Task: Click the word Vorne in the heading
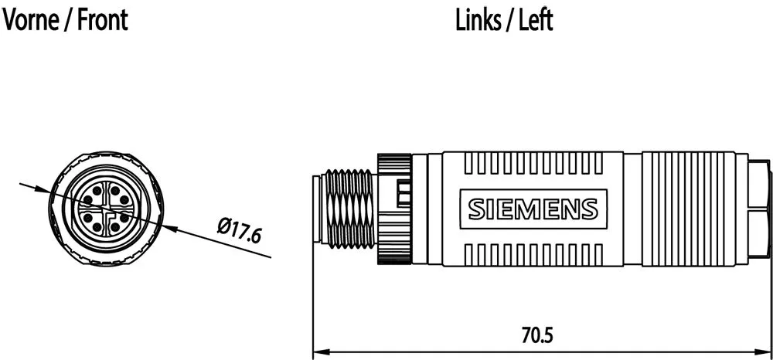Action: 31,20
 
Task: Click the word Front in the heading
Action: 103,20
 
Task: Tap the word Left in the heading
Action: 536,20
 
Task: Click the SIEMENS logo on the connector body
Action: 533,209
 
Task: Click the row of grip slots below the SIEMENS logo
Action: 533,252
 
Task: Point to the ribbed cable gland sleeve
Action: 684,209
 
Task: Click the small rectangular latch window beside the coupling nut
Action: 403,193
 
